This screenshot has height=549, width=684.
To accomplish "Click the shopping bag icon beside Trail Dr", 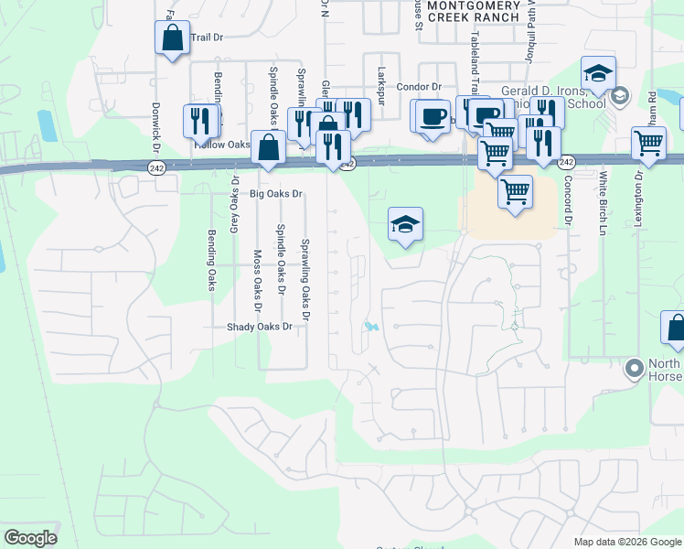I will point(172,38).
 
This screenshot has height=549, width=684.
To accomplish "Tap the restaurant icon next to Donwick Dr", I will point(200,122).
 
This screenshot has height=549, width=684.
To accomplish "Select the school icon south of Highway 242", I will point(404,225).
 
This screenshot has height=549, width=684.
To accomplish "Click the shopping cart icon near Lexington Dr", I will point(648,144).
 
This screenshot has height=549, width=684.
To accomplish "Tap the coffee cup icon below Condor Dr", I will point(433,116).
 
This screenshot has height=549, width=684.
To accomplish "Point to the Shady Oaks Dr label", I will point(260,327).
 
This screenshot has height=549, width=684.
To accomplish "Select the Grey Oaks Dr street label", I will point(234,203).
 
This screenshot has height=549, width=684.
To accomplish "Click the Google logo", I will point(30,538).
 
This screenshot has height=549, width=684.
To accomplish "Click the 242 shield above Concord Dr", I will point(566,162).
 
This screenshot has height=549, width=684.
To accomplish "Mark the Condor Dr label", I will point(420,88).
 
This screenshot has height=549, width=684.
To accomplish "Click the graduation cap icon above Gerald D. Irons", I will point(598,72).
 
